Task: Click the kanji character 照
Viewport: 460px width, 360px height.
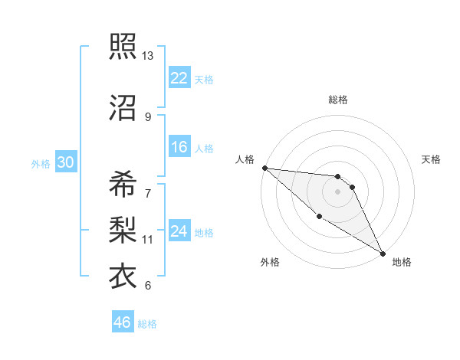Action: [x=123, y=47]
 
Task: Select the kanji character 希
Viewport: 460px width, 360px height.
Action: [x=123, y=183]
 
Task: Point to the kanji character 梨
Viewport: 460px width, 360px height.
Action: [x=123, y=227]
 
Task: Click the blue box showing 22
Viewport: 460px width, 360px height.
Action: [x=179, y=78]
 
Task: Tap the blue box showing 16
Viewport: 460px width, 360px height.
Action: [x=179, y=148]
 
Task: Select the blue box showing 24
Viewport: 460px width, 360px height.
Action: [x=179, y=232]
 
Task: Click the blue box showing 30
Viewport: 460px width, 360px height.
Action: [x=65, y=162]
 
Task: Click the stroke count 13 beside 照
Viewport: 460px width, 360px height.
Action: [x=147, y=56]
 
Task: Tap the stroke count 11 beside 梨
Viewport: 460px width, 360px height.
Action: [x=147, y=239]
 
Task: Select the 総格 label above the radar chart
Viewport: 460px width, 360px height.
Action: [x=338, y=100]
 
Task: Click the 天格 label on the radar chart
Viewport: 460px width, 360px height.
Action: [x=431, y=159]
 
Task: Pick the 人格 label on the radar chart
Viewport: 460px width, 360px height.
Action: [x=245, y=159]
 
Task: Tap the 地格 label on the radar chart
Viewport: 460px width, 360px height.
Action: [x=402, y=262]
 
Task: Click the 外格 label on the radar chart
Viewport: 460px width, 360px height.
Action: [x=269, y=262]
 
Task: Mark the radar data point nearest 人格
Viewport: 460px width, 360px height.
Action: [x=264, y=168]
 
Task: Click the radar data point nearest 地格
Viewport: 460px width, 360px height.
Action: [x=383, y=253]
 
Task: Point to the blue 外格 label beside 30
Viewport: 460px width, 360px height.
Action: [x=40, y=163]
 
